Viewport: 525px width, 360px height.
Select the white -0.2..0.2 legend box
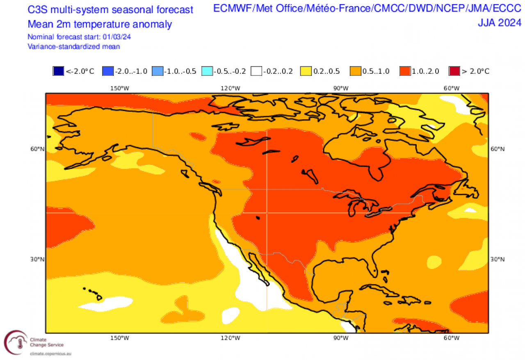pyautogui.click(x=256, y=71)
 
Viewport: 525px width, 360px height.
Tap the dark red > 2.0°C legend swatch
pyautogui.click(x=454, y=71)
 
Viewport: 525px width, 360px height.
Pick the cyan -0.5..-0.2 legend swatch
pyautogui.click(x=207, y=71)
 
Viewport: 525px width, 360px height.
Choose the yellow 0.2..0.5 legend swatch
pyautogui.click(x=306, y=71)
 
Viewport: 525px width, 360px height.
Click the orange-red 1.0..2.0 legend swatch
pyautogui.click(x=405, y=71)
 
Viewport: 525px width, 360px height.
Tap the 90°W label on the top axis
pyautogui.click(x=340, y=88)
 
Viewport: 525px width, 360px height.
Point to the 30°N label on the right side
pyautogui.click(x=498, y=259)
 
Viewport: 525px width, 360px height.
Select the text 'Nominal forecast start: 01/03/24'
pyautogui.click(x=79, y=37)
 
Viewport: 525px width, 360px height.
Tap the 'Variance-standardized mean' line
pyautogui.click(x=74, y=46)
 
